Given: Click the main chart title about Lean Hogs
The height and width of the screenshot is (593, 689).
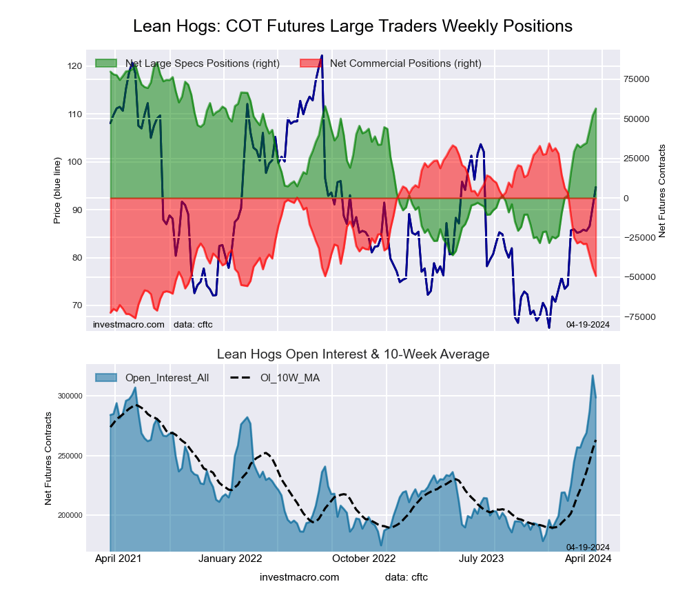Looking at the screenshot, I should (x=352, y=26).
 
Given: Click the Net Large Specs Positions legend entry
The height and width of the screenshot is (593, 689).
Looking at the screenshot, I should (x=202, y=63).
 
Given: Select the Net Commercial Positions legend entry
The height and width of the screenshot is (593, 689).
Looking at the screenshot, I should (x=405, y=63).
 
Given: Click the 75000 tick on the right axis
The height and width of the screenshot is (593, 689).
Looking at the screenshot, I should (x=641, y=79).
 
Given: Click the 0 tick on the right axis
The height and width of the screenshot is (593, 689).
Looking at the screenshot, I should (x=627, y=199).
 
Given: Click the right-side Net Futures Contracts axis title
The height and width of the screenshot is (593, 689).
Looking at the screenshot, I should (x=662, y=191).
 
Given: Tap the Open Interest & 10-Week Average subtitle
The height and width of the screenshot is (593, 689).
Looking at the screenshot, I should (x=353, y=354).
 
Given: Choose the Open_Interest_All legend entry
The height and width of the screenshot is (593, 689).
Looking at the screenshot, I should (x=166, y=377).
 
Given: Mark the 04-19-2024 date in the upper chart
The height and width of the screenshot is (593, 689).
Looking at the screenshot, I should (x=588, y=324).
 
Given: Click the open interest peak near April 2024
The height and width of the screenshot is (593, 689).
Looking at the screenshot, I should (x=592, y=376).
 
